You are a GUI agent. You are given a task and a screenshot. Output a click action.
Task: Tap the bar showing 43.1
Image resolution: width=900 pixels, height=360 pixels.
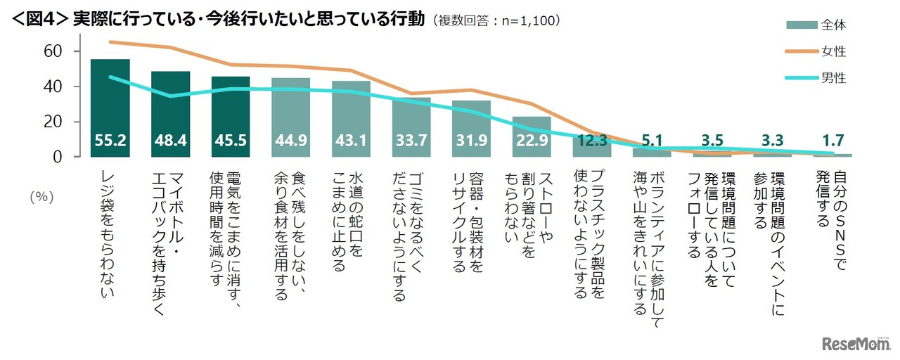coord(351,120)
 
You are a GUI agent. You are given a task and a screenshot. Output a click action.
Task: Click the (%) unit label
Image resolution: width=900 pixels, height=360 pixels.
coord(41,198)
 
